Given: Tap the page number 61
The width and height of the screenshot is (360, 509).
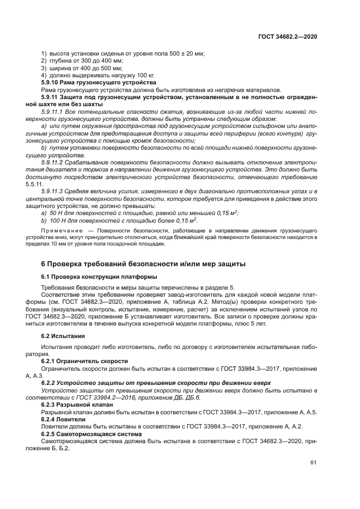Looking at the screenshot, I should coord(313,462).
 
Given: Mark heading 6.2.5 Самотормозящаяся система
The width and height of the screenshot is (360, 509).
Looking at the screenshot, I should coord(91,433).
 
